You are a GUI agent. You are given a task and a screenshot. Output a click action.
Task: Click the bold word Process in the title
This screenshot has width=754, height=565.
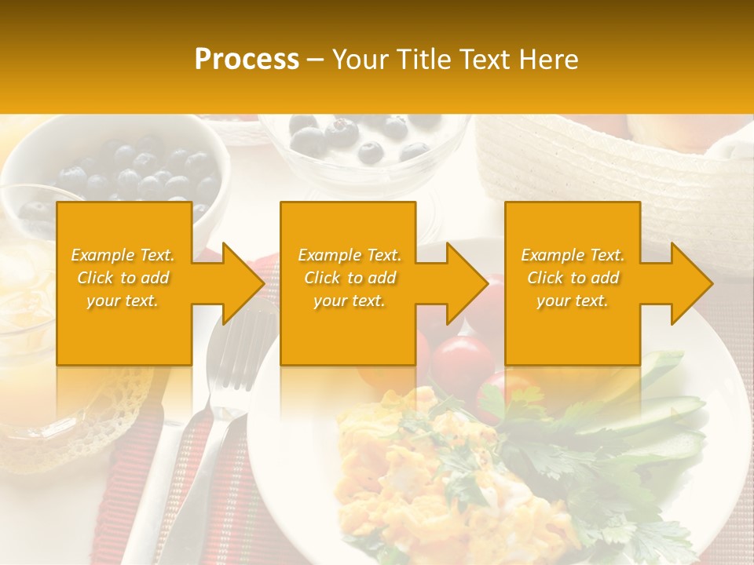pyautogui.click(x=247, y=59)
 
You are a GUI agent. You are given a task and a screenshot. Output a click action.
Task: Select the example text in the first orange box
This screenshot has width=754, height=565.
pyautogui.click(x=123, y=278)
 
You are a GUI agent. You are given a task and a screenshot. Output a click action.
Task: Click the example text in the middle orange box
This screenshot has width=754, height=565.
pyautogui.click(x=350, y=278)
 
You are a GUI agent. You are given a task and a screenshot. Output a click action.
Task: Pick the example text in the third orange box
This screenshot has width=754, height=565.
pyautogui.click(x=573, y=278)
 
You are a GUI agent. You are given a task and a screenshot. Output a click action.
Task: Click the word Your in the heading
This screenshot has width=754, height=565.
pyautogui.click(x=361, y=59)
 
